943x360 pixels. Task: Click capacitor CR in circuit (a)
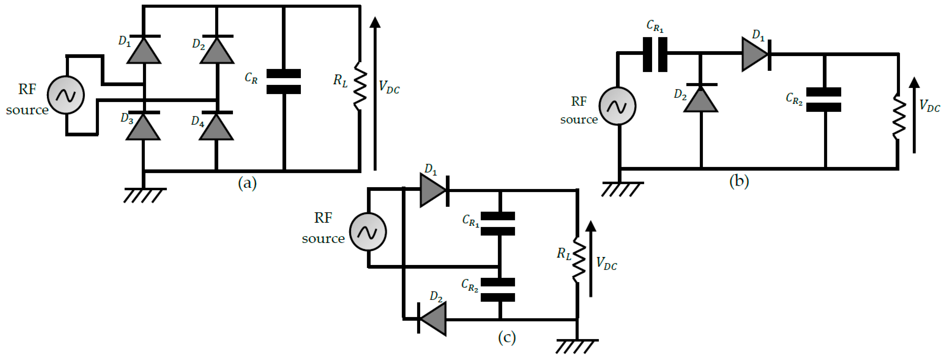tap(284, 82)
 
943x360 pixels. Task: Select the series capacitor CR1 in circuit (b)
tap(655, 54)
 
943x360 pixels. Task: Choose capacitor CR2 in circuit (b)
tap(824, 99)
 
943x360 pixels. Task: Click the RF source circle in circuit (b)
tap(617, 106)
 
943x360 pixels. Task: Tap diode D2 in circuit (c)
tap(433, 319)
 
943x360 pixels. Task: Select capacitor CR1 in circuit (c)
tap(498, 223)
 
